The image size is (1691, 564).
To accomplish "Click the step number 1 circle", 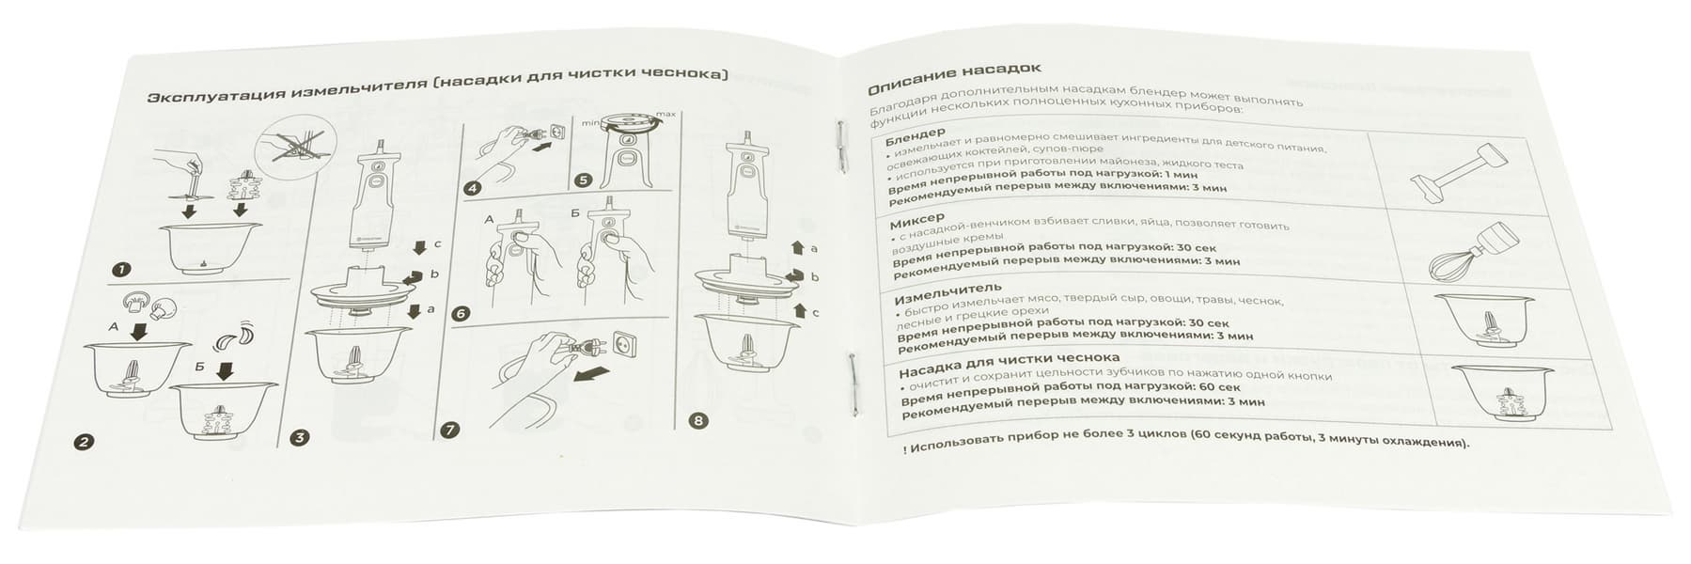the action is [120, 270].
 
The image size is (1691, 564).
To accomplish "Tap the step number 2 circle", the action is [84, 442].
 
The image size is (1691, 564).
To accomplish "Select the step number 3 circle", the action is [299, 436].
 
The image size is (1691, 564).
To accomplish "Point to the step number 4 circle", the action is [472, 188].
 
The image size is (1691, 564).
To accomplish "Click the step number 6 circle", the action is [461, 314].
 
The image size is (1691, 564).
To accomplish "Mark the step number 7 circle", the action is [450, 431].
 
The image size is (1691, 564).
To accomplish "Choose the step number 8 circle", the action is [697, 420].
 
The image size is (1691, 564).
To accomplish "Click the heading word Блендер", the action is [915, 135].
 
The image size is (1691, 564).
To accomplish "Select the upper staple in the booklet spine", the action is [838, 148].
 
